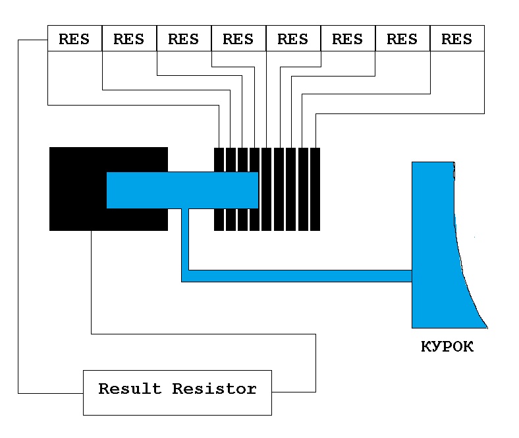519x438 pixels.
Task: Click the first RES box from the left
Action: tap(74, 38)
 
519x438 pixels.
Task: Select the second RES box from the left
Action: tap(129, 38)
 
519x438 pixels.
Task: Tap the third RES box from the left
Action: tap(184, 38)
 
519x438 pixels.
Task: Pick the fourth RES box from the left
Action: tap(238, 38)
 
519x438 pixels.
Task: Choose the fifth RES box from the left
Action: tap(293, 38)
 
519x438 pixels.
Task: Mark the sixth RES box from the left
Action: tap(348, 38)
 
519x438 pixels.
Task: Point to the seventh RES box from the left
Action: tap(402, 38)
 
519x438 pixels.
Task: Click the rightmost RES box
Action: tap(457, 38)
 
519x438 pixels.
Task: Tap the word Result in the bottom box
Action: tap(130, 389)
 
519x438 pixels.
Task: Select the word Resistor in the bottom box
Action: tap(215, 389)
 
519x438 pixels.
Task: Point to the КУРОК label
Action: tap(447, 347)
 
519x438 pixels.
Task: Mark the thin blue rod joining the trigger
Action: tap(296, 276)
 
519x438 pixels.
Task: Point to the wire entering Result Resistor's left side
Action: tap(50, 393)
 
